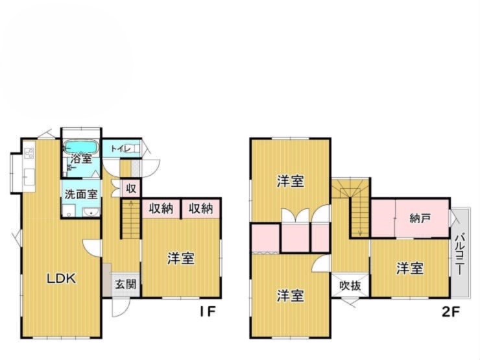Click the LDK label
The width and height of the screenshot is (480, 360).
61,278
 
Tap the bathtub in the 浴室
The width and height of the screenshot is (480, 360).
82,147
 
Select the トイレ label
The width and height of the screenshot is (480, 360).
121,149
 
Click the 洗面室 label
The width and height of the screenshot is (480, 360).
81,194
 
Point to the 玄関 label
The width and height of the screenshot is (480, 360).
125,284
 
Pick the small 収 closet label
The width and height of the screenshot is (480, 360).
131,189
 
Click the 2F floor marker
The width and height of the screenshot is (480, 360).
451,311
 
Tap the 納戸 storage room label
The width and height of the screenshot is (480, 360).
420,218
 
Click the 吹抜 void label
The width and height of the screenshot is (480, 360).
350,285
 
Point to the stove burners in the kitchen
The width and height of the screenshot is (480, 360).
29,153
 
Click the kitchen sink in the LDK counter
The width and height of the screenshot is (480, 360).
29,177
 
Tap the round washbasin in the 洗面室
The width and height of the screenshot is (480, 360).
91,212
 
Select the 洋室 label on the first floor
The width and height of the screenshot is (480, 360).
180,259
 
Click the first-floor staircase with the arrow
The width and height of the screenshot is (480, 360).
131,219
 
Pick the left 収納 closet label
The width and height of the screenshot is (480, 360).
161,208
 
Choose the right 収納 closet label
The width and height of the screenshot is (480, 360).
200,208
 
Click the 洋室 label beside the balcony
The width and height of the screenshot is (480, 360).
410,269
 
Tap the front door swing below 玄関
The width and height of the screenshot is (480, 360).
120,307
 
